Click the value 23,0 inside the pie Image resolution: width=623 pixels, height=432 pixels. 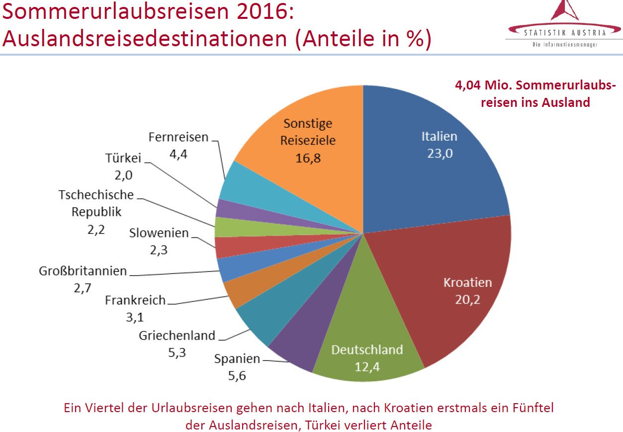440,153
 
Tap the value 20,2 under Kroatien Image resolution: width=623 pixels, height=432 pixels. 467,300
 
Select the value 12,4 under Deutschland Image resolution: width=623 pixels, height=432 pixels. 367,367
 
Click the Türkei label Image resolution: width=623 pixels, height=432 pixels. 123,158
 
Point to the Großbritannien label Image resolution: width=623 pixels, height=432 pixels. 83,271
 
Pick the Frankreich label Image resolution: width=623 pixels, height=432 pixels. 135,300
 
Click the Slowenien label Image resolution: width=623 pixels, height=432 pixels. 159,233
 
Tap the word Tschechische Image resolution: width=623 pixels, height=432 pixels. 96,195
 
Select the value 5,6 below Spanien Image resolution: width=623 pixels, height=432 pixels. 237,376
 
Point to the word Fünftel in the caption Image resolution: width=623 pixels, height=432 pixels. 533,408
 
